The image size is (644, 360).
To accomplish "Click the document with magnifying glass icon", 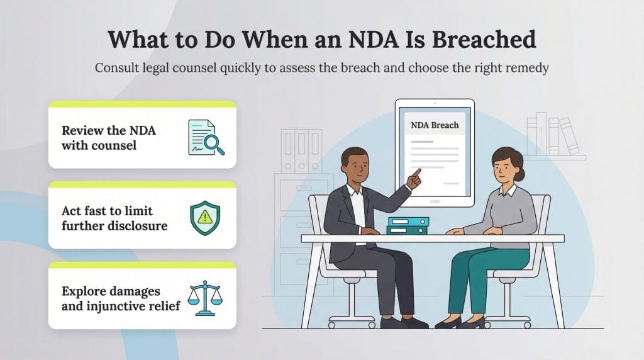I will [x=206, y=138].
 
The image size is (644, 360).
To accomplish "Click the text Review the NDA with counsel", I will [x=109, y=138].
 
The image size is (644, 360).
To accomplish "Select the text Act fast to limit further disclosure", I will [x=114, y=218].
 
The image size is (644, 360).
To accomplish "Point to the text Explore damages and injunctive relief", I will [x=120, y=299].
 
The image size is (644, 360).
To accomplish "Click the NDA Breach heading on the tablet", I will [x=435, y=125].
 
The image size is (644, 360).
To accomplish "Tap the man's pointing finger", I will [x=417, y=172].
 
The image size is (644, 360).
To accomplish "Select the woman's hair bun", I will [x=519, y=158].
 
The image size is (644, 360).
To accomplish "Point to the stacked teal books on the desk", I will [x=408, y=226].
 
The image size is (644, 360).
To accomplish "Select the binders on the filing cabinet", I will [x=301, y=150].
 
